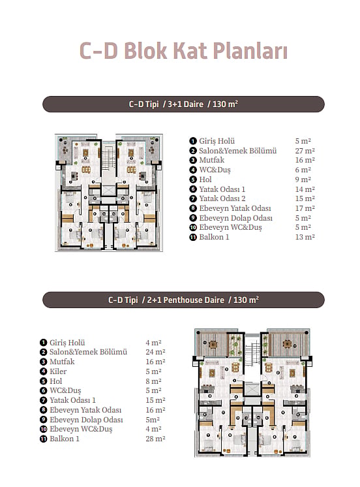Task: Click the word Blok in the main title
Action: click(x=145, y=50)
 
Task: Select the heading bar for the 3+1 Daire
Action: click(x=183, y=104)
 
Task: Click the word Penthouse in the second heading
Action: click(x=194, y=300)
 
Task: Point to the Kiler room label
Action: click(x=58, y=371)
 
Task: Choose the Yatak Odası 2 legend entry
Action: click(x=222, y=198)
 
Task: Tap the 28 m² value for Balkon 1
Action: click(x=155, y=439)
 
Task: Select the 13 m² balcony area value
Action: click(x=305, y=237)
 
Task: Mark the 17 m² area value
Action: click(x=305, y=208)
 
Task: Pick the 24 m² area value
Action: click(x=155, y=352)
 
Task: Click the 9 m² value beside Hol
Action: click(x=303, y=180)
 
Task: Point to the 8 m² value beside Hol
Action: click(x=153, y=381)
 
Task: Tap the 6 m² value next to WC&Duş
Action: click(x=303, y=170)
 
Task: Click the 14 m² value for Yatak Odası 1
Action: click(x=305, y=189)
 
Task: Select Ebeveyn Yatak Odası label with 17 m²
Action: click(x=235, y=208)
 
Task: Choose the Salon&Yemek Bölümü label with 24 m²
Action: click(x=88, y=352)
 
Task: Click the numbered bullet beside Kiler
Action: click(x=43, y=371)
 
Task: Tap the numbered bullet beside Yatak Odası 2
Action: click(x=193, y=198)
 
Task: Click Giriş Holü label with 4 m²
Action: click(x=67, y=343)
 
